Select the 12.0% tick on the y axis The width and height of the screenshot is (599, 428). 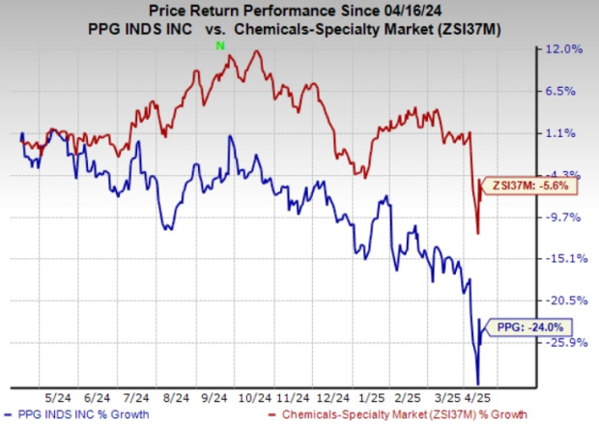[564, 49]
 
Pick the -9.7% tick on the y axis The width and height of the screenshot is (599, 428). [566, 217]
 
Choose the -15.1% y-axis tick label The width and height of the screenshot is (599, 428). [564, 259]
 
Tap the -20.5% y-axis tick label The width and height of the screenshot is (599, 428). [564, 300]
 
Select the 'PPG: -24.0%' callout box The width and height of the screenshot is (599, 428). [528, 328]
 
